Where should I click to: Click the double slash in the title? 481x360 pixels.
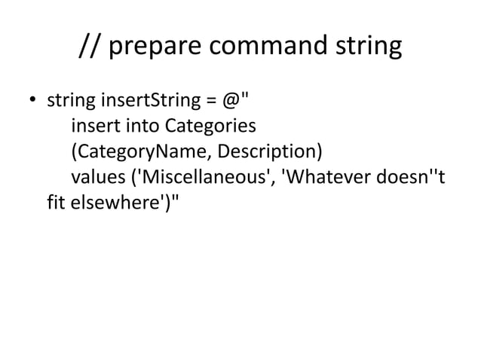pos(91,47)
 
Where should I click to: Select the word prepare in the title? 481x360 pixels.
pos(156,47)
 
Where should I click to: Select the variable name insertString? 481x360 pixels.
pos(141,99)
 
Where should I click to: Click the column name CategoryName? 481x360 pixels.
pos(142,151)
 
